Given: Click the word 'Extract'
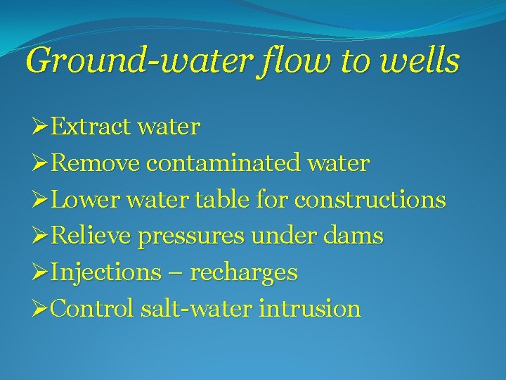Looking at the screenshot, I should (92, 127).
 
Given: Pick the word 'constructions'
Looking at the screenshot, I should (370, 200).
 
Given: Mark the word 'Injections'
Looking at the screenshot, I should (106, 273).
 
